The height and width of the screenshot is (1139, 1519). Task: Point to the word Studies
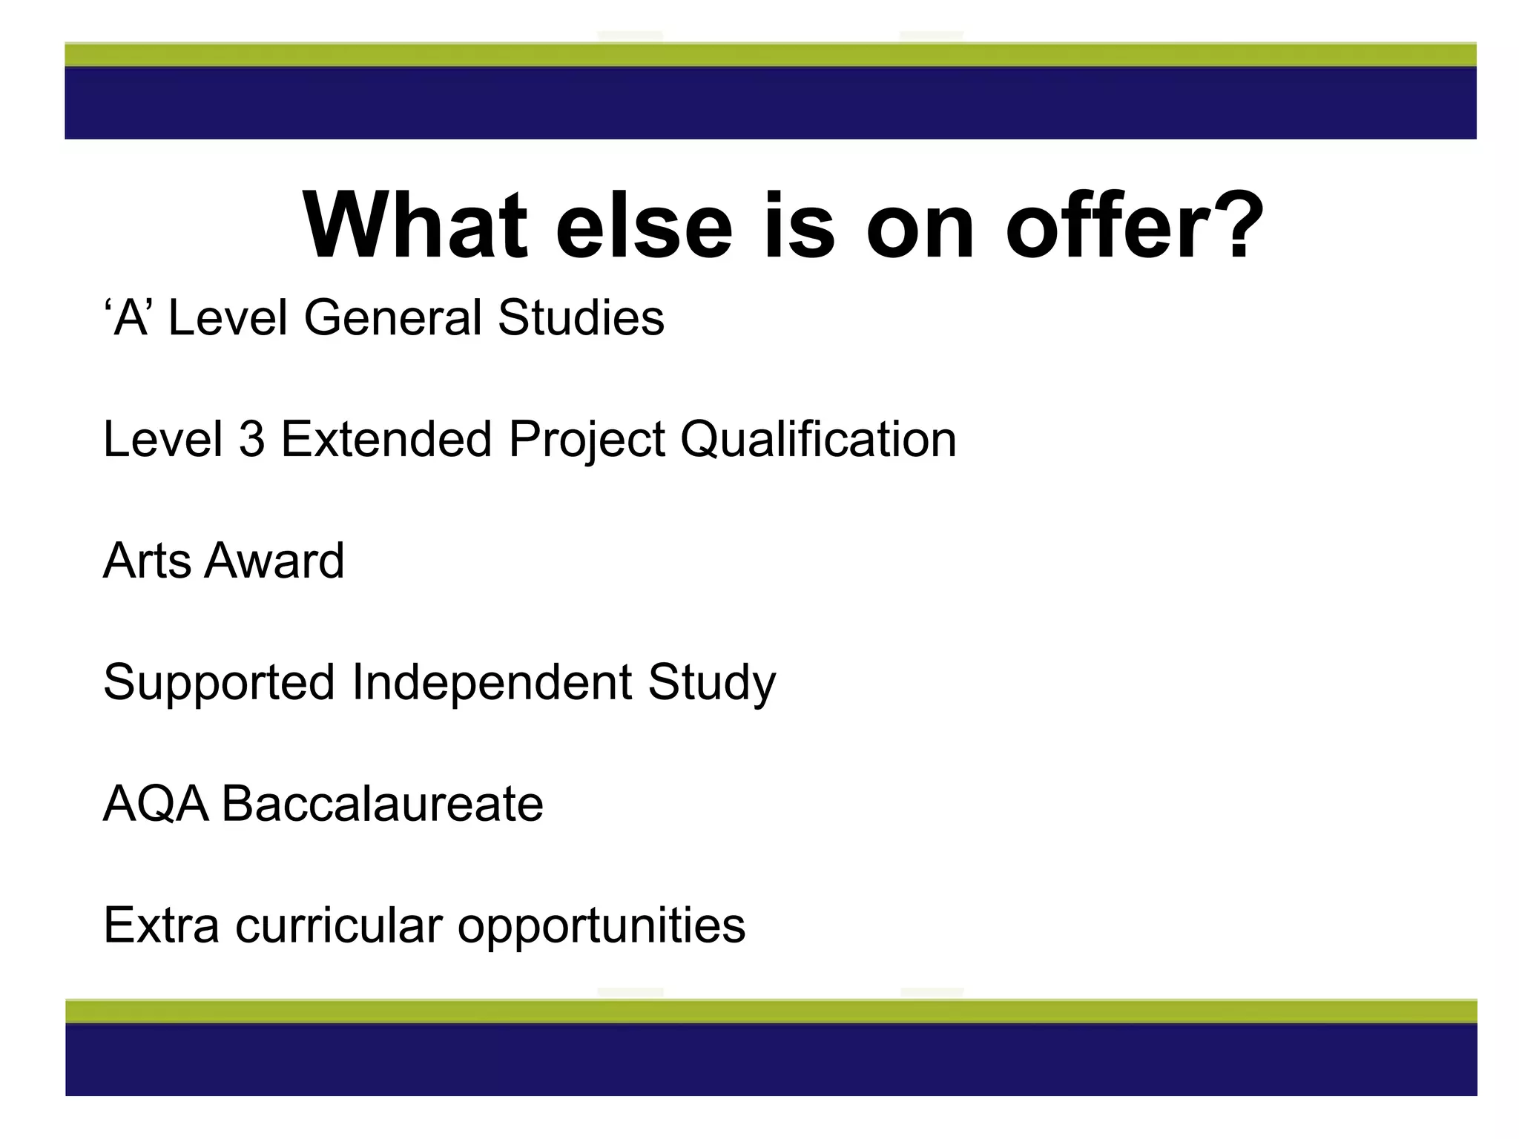(x=581, y=317)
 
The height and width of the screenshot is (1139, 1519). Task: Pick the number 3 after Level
(x=252, y=439)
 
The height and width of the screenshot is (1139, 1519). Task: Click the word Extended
(x=386, y=439)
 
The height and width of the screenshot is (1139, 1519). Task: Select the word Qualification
(x=818, y=439)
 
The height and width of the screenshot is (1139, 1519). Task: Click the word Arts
(x=147, y=561)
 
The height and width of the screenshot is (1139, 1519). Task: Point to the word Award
(x=274, y=561)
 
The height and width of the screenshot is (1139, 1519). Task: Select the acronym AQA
(x=156, y=804)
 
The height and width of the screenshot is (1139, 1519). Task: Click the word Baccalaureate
(x=383, y=804)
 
